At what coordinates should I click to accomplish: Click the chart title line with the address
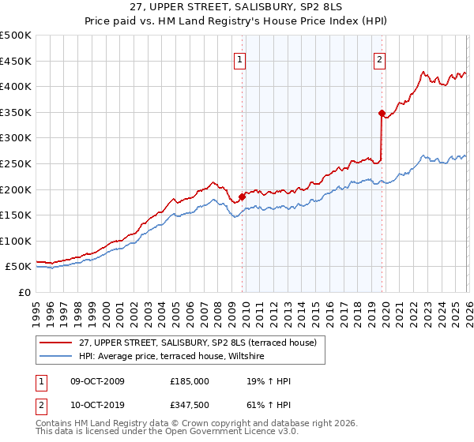(x=237, y=7)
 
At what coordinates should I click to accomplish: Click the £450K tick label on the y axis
(x=16, y=62)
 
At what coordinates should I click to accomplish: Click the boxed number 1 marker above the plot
(x=240, y=58)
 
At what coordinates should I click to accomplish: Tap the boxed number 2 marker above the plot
(x=380, y=58)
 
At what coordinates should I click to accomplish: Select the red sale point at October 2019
(x=382, y=114)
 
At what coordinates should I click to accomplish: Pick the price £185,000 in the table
(x=190, y=381)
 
